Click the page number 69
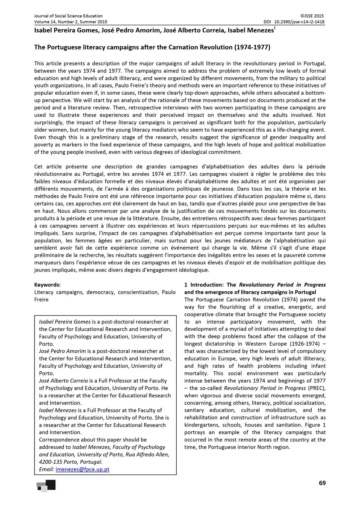(x=322, y=483)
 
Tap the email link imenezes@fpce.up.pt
(x=82, y=469)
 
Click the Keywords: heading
(x=47, y=285)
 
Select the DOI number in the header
(x=299, y=22)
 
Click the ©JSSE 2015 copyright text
(x=312, y=16)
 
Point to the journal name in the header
(x=68, y=16)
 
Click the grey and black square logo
(x=46, y=486)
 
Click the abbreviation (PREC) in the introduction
(x=317, y=388)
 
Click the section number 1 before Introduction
(x=186, y=285)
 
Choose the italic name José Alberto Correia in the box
(x=63, y=381)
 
